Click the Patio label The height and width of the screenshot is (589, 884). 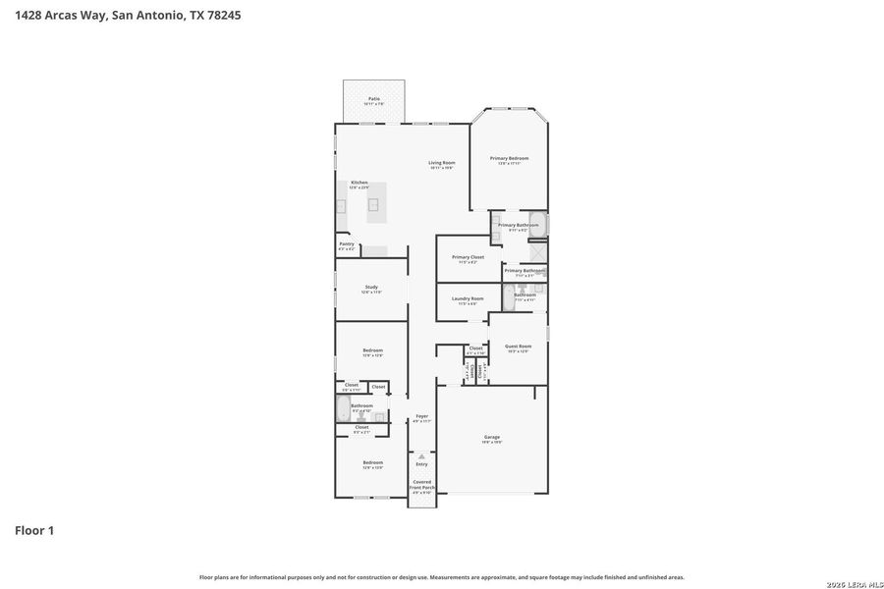374,99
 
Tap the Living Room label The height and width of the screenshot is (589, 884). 441,163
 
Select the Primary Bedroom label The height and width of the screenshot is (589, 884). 509,159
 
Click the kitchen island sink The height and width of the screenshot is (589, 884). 373,204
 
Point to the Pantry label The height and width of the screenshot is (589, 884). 347,244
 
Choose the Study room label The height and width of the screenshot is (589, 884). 371,288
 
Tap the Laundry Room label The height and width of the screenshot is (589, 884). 468,299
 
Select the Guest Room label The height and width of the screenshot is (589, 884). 518,347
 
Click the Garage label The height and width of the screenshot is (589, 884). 492,438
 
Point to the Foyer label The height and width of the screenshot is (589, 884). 421,416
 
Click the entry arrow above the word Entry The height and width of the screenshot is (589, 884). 421,456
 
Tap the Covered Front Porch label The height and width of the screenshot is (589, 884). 421,485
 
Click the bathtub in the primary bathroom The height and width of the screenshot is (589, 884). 537,224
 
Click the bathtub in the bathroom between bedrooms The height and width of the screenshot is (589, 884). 342,409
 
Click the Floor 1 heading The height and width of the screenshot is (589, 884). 34,530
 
